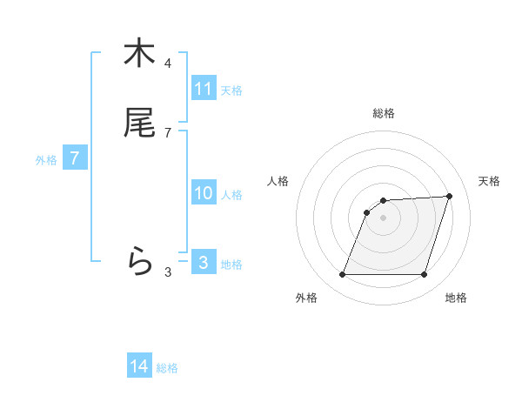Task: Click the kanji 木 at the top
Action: click(x=139, y=53)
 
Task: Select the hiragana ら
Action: click(x=139, y=259)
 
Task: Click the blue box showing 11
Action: click(x=204, y=89)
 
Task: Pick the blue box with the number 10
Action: click(x=204, y=193)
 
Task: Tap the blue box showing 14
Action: click(x=139, y=366)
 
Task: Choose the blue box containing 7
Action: click(x=75, y=158)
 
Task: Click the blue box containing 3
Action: click(x=204, y=262)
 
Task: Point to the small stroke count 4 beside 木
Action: click(x=168, y=64)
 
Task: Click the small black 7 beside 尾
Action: click(x=168, y=133)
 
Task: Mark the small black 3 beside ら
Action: click(x=168, y=272)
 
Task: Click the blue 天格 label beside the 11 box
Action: click(x=231, y=90)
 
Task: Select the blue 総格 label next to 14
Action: click(x=167, y=368)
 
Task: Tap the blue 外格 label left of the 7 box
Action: click(x=45, y=160)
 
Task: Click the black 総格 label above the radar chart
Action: click(x=384, y=113)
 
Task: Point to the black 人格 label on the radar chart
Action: click(x=278, y=181)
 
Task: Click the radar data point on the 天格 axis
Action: click(x=450, y=196)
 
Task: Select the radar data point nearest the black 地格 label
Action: click(x=424, y=275)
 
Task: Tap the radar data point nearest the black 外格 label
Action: click(x=343, y=275)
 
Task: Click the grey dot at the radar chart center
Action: click(x=384, y=218)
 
